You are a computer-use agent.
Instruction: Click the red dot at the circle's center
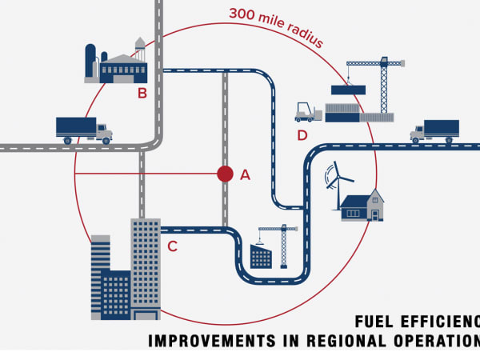point(225,174)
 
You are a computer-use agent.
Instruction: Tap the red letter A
point(245,174)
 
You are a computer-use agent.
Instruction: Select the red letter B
point(142,93)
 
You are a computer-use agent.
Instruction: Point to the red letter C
point(172,246)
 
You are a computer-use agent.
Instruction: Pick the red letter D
point(302,135)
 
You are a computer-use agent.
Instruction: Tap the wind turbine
point(339,184)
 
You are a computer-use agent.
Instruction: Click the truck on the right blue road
point(434,130)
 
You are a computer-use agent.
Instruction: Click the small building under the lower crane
point(261,257)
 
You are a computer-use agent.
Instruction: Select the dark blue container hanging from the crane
point(348,90)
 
